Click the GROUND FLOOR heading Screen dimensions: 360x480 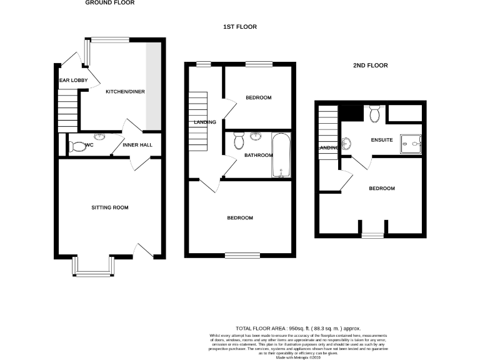[109, 3]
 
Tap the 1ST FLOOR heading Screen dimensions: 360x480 [240, 27]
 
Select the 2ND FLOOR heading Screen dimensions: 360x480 [370, 65]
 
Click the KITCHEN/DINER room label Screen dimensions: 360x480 [125, 92]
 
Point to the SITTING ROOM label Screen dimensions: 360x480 [109, 207]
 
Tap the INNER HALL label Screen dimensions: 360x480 [137, 146]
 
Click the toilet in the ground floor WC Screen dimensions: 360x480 [78, 146]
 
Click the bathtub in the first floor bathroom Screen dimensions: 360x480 [281, 155]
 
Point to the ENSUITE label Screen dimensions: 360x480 [381, 140]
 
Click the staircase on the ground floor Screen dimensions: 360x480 [67, 110]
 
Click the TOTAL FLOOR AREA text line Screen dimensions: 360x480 [298, 328]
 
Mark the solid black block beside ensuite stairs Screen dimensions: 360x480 [351, 114]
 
